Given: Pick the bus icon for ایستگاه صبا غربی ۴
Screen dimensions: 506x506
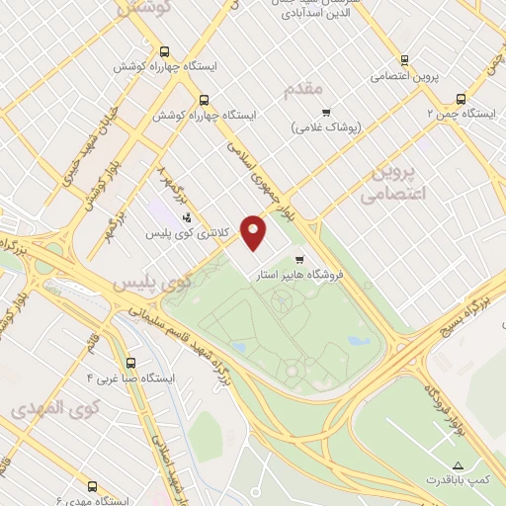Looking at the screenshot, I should [131, 363].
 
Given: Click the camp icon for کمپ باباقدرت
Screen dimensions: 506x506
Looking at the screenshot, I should [457, 464].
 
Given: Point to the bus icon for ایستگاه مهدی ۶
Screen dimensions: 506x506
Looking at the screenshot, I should [92, 486].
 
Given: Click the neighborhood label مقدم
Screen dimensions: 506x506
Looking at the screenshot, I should [303, 90].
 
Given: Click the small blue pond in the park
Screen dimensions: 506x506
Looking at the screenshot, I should [357, 340].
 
